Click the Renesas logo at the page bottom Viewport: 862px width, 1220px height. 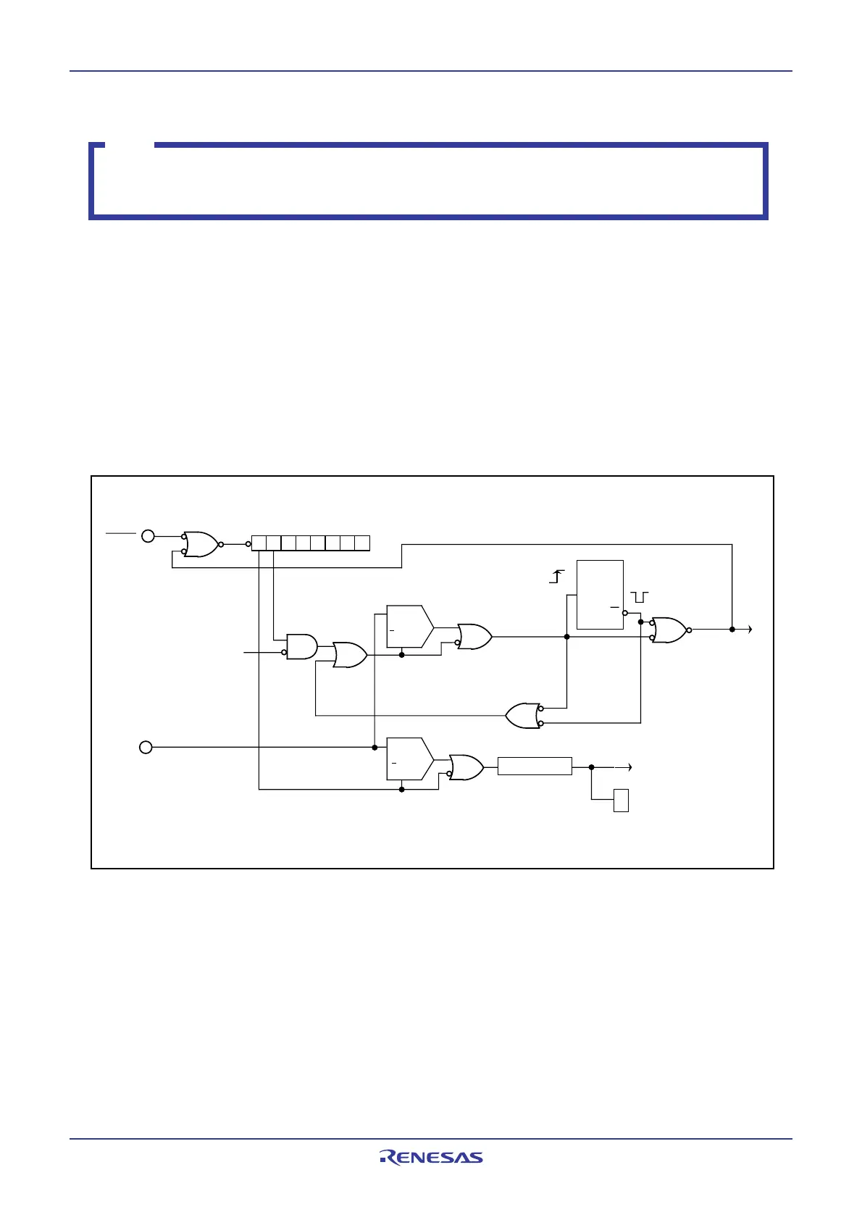click(431, 1157)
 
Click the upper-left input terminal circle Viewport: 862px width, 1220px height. click(148, 536)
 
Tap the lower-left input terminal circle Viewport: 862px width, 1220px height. click(146, 747)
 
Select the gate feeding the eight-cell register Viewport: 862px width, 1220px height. click(201, 543)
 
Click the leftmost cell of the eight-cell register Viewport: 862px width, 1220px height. click(259, 543)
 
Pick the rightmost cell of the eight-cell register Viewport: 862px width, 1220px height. click(362, 543)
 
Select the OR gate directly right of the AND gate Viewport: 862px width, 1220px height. click(349, 655)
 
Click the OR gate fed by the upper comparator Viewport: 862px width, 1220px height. click(474, 636)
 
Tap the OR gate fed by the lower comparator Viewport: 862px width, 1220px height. click(466, 767)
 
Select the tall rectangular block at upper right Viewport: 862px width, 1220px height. click(600, 594)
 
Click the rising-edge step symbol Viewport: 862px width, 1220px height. click(556, 577)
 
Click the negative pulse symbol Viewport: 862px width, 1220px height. click(640, 596)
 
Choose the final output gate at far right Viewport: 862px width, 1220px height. click(670, 630)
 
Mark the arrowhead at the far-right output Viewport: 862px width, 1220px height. click(750, 630)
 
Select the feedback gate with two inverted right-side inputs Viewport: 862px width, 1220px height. click(523, 716)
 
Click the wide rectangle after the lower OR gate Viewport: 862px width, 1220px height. click(535, 766)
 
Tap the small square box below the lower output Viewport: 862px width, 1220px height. click(621, 801)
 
